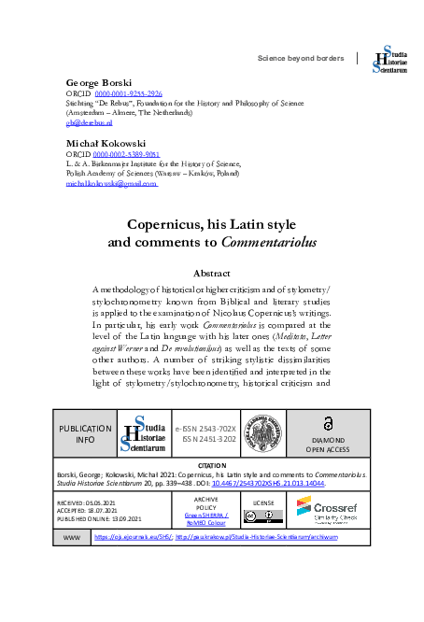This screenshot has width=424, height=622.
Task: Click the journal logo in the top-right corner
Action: tap(389, 58)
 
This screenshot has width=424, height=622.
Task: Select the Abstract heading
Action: tap(211, 273)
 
